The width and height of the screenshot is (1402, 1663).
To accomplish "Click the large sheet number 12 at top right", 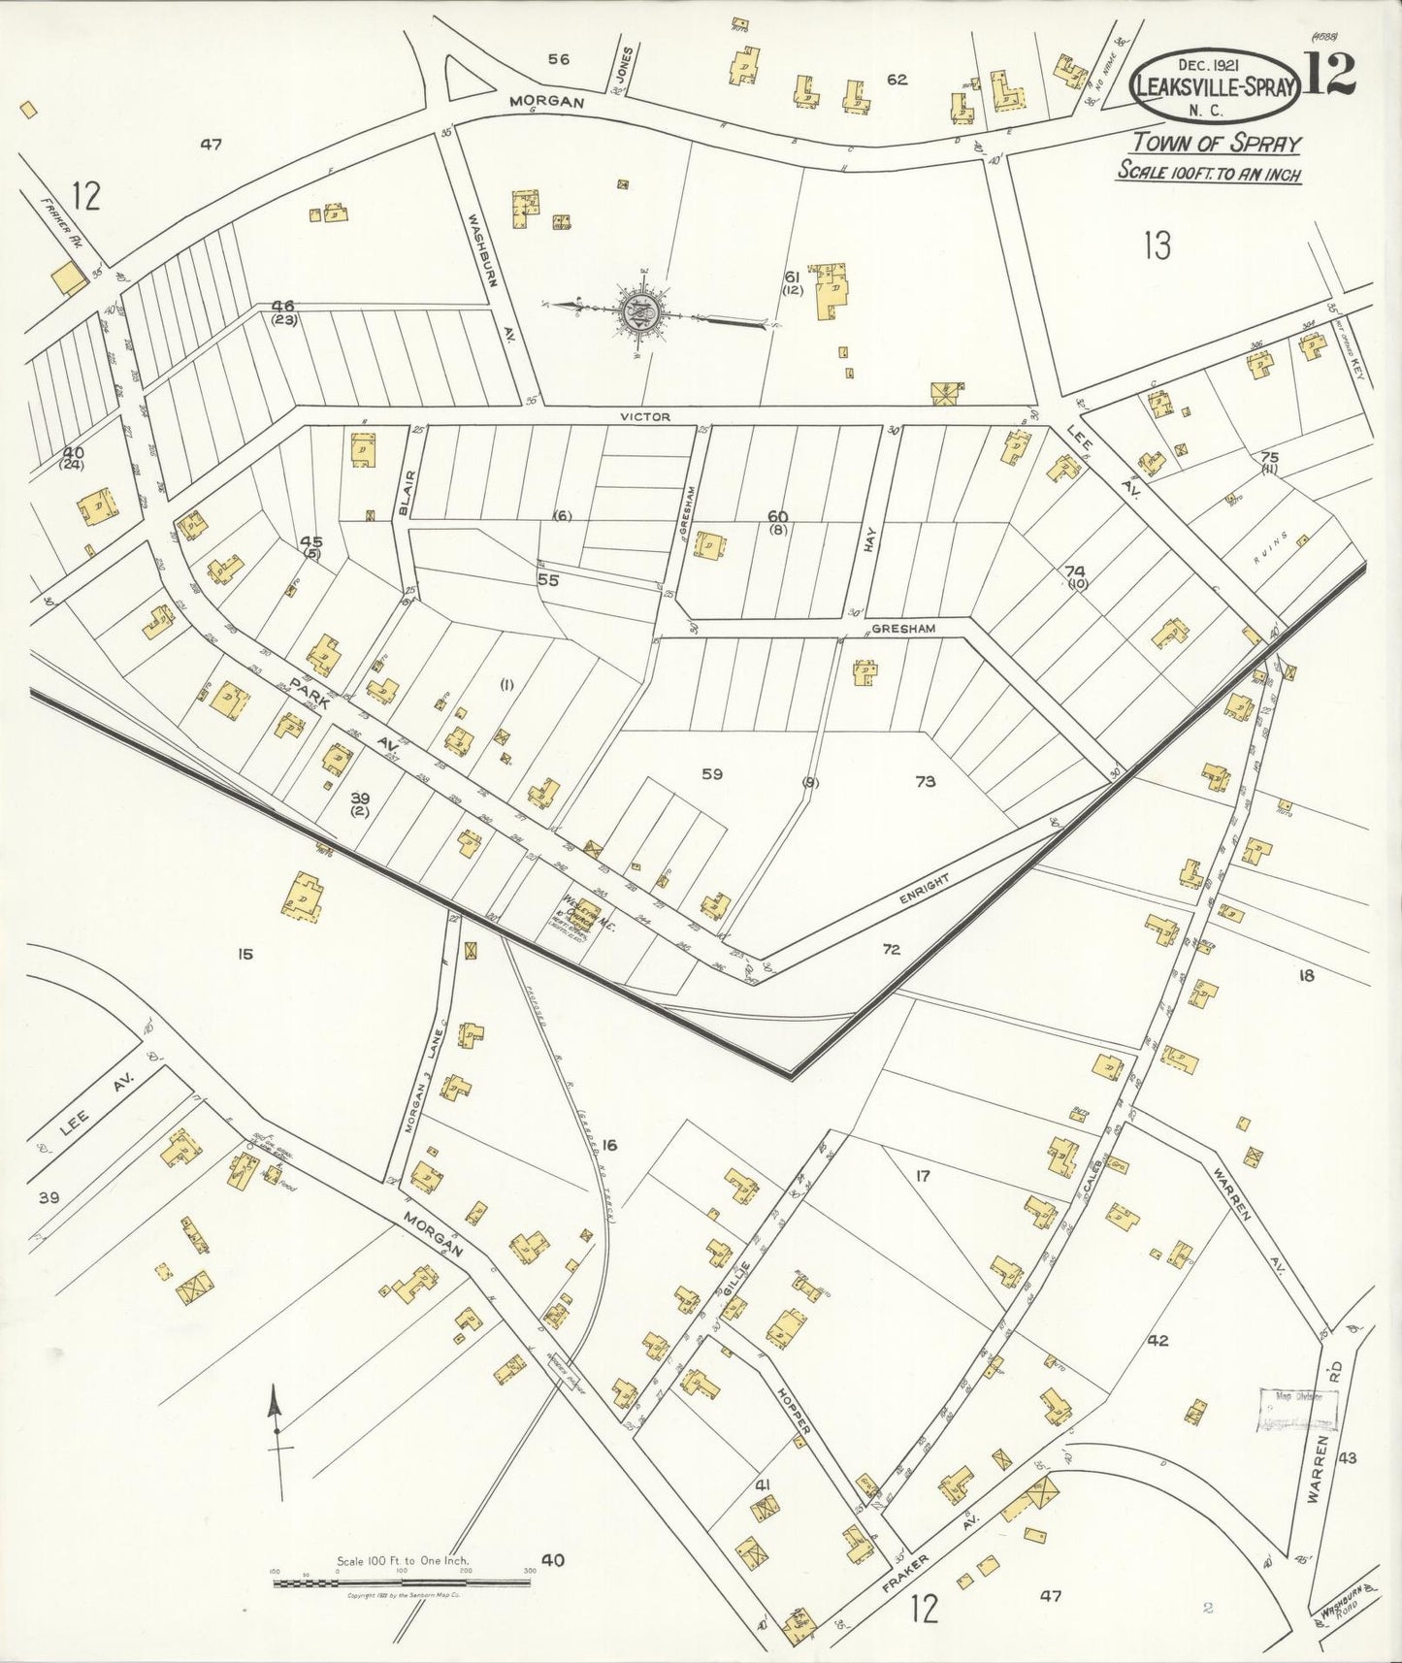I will click(x=1330, y=73).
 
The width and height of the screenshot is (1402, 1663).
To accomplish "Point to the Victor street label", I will click(x=645, y=416).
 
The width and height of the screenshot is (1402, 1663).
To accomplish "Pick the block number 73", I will click(x=925, y=781).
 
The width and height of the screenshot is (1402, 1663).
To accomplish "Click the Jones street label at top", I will click(x=627, y=67).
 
